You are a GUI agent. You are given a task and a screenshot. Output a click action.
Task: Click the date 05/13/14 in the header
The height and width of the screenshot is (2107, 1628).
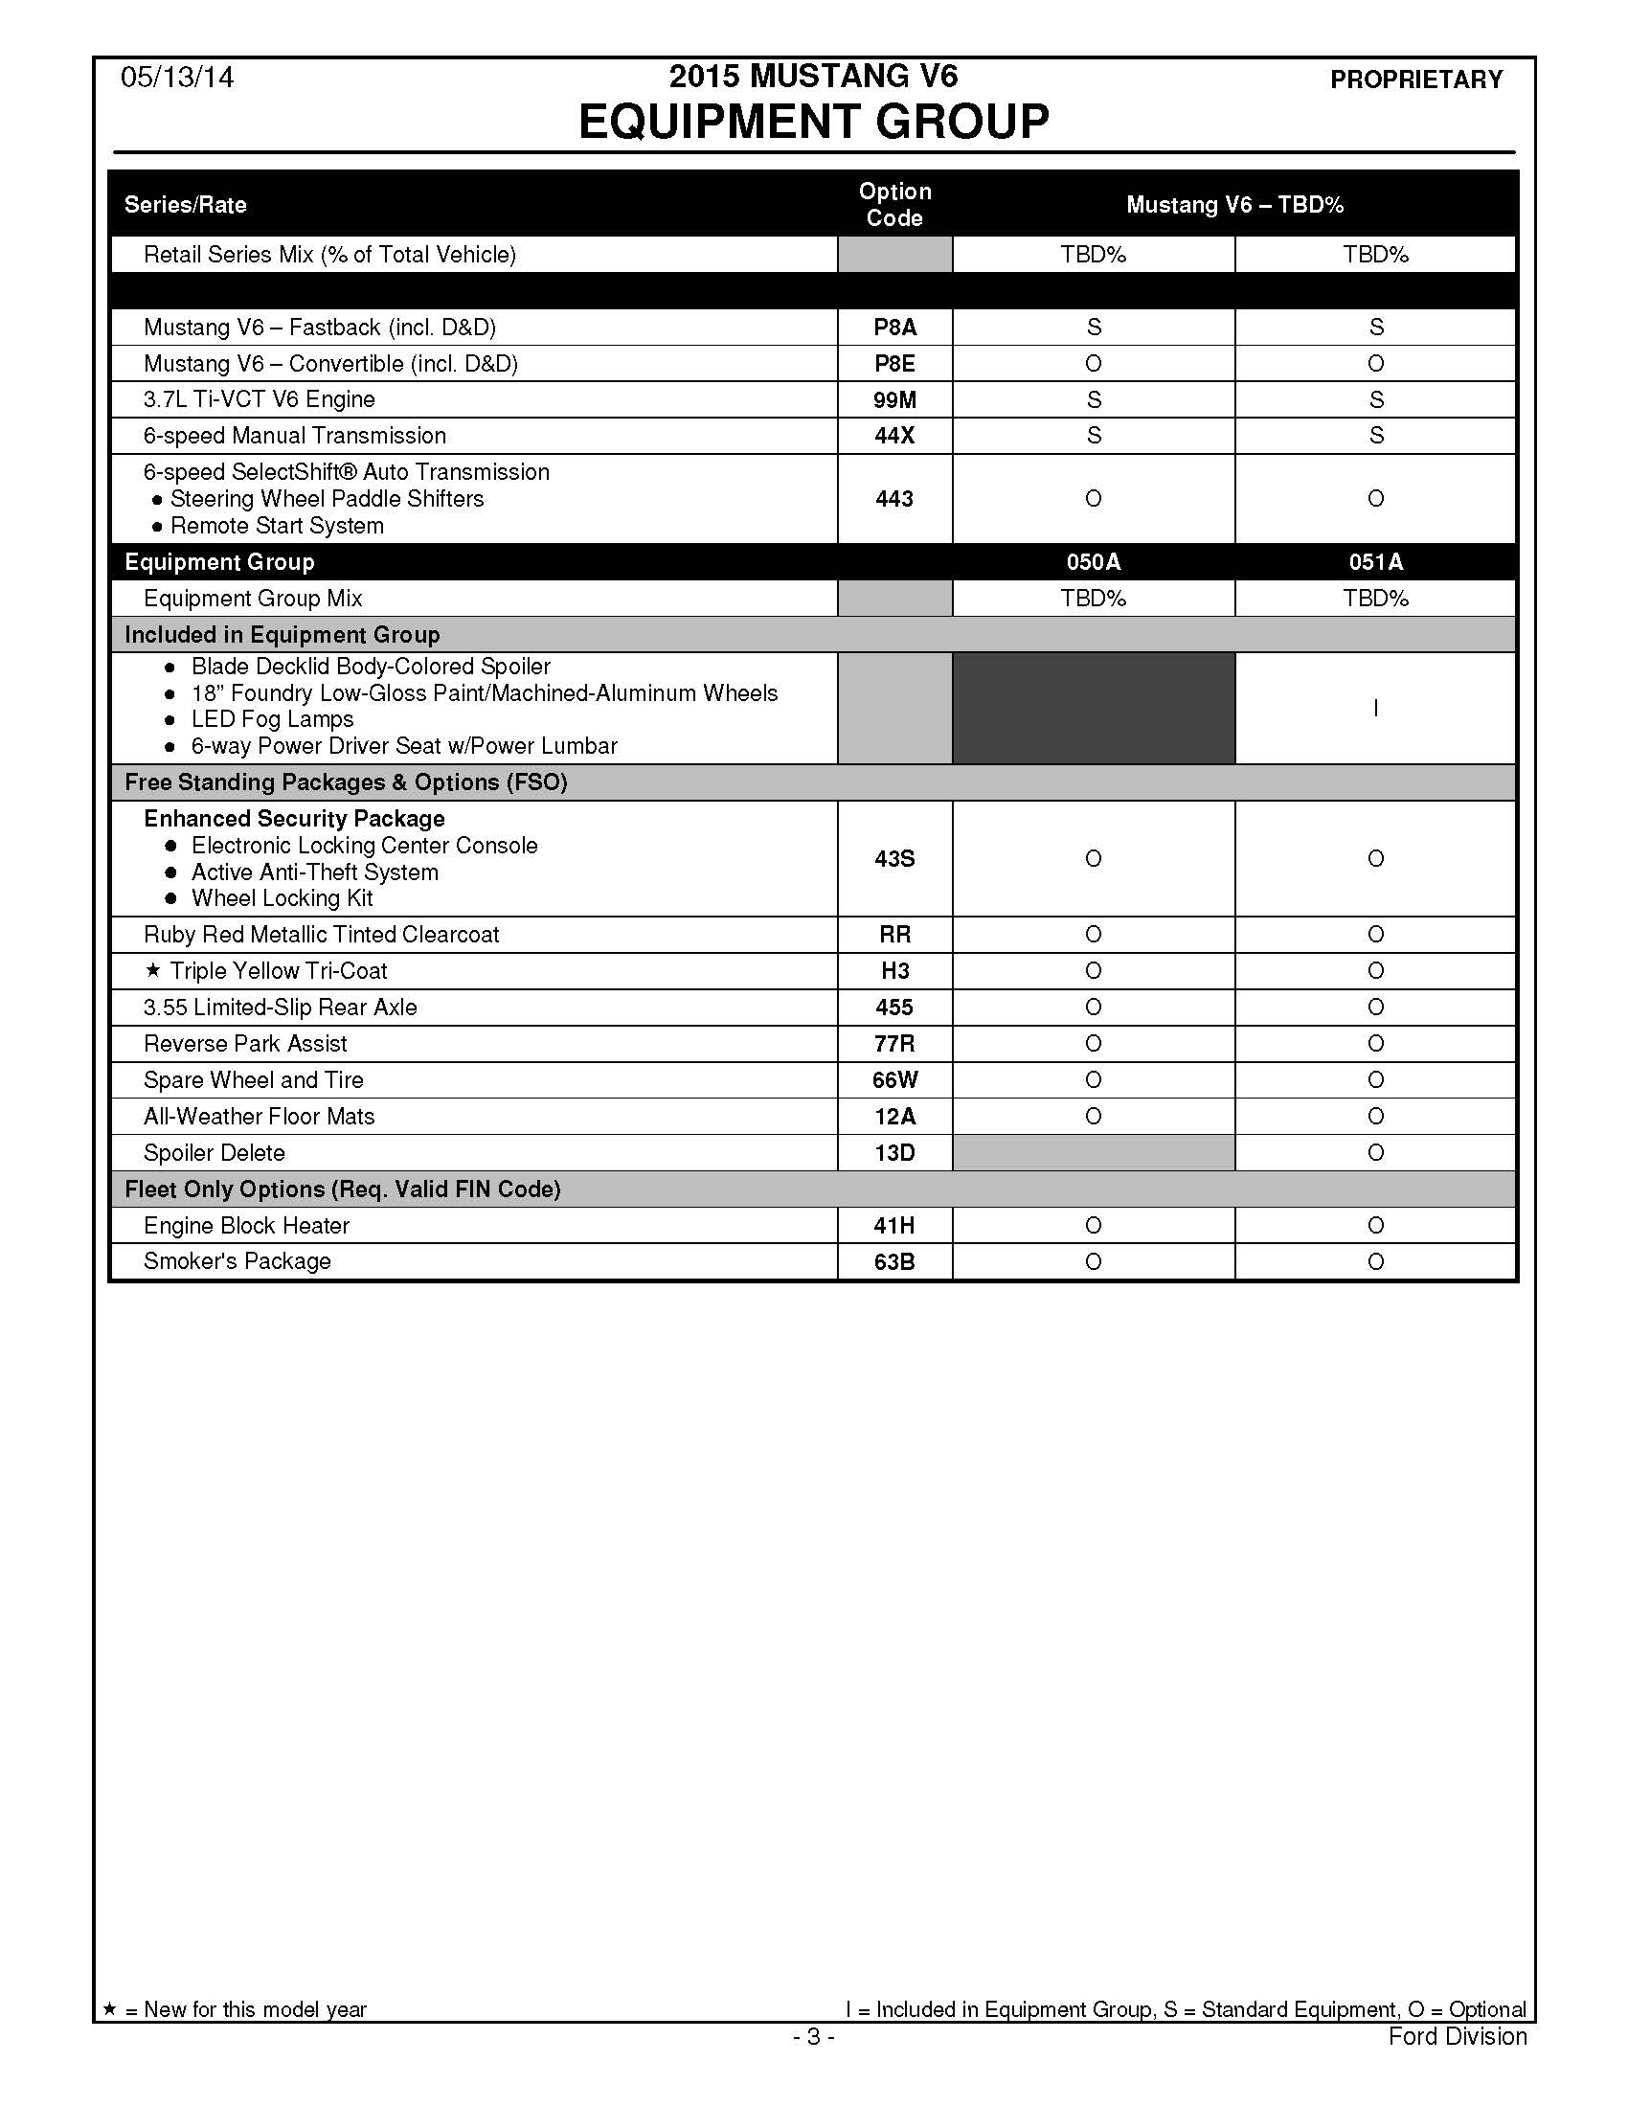176,78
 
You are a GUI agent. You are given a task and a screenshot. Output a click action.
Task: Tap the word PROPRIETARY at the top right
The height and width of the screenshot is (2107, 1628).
1415,79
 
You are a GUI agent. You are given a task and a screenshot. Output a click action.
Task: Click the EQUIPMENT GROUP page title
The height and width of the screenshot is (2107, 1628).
813,122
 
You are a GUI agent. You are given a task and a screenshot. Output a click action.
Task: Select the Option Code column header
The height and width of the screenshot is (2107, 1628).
894,205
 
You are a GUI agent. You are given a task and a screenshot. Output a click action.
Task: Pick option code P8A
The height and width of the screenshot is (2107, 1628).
894,328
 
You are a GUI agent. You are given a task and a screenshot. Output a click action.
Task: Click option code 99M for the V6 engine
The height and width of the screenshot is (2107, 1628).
894,399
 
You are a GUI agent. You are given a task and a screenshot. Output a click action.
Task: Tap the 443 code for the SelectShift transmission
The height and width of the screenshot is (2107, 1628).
894,499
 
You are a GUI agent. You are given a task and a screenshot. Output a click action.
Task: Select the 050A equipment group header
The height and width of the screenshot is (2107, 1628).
1093,562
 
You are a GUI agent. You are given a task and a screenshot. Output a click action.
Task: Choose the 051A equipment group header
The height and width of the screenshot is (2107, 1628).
1375,562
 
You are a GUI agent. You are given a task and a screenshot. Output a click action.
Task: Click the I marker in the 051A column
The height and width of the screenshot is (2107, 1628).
1375,709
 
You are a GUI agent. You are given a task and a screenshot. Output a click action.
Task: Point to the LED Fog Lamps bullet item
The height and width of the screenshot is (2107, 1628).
272,719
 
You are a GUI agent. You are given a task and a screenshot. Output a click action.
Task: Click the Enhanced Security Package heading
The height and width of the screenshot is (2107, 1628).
294,819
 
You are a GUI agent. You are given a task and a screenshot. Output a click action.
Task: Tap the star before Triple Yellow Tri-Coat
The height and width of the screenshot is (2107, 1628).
152,970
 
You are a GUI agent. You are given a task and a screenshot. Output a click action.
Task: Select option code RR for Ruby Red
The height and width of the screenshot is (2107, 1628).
894,935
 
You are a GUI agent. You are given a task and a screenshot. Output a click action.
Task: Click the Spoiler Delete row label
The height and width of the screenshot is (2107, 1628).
215,1153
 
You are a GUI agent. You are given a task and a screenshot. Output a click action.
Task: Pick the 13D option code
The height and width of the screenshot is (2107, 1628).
894,1153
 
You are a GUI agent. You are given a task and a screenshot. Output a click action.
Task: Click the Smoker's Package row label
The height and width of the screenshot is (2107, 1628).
237,1262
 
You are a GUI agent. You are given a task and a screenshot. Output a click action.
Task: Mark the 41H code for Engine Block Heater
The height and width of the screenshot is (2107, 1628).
894,1226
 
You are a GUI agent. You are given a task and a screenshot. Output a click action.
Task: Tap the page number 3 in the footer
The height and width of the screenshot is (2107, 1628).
814,2036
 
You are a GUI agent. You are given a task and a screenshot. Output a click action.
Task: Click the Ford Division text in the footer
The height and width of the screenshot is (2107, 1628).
1458,2036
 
